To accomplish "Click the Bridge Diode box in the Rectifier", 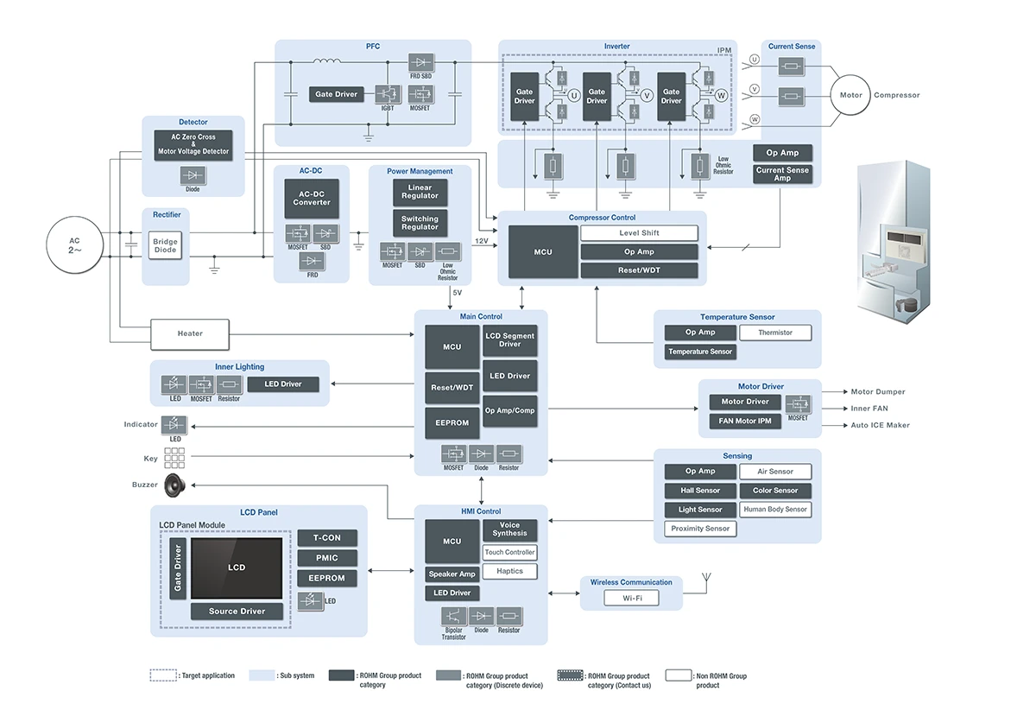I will click(x=166, y=245).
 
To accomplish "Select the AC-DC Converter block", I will click(x=312, y=198).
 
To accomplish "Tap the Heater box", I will click(x=190, y=333).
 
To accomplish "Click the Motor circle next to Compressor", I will click(x=845, y=95).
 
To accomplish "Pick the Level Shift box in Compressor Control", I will click(x=639, y=233).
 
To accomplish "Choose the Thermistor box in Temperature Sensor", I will click(x=775, y=333).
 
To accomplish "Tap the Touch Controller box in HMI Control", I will click(x=509, y=552).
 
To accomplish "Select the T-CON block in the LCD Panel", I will click(x=326, y=537).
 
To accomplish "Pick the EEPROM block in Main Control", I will click(x=452, y=422).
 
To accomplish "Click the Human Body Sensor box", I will click(x=775, y=510).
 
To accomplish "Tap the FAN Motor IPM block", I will click(x=745, y=422).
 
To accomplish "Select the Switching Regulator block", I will click(x=420, y=223).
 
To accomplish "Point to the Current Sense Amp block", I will click(x=782, y=174).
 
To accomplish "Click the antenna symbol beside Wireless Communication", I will click(x=708, y=580).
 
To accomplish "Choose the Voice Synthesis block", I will click(x=509, y=530).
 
